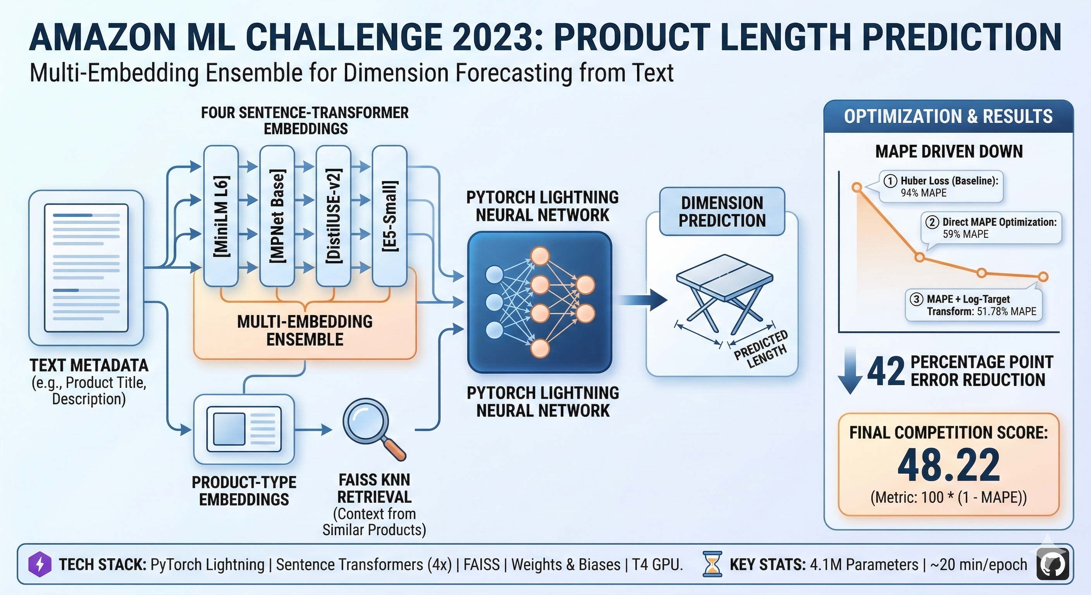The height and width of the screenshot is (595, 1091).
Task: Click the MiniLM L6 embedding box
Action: coord(221,216)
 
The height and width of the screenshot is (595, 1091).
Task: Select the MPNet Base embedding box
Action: coord(277,216)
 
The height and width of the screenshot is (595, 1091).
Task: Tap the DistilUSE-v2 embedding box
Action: coord(333,216)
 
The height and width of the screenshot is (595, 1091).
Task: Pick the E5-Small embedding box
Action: coord(389,216)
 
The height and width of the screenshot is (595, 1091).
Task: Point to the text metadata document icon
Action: coord(86,268)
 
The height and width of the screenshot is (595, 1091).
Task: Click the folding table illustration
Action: coord(724,292)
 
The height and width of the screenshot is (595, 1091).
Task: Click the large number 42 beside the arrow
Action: coord(886,371)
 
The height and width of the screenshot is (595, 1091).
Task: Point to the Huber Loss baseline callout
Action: coord(941,186)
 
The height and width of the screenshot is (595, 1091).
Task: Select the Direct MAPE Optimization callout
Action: coord(991,228)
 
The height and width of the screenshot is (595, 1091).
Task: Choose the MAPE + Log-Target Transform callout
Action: coord(973,305)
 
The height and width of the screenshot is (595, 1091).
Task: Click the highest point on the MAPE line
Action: coord(857,187)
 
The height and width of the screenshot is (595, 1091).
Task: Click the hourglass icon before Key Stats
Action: coord(712,564)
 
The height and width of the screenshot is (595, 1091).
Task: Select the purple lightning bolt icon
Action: coord(40,564)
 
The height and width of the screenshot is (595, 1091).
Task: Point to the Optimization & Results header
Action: coord(948,117)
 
